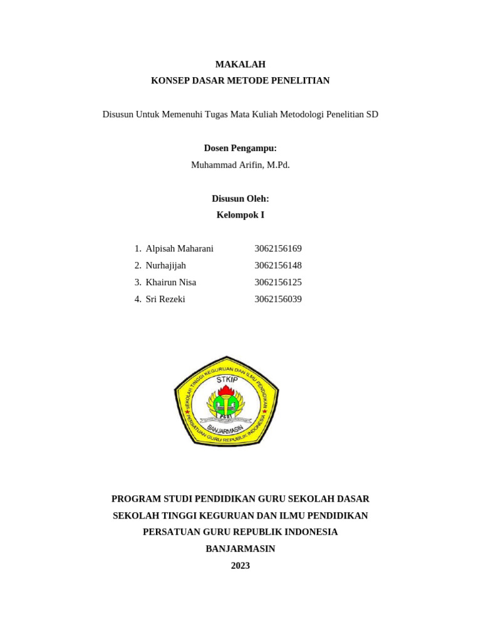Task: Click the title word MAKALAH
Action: pos(240,64)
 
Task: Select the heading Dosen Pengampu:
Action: pos(240,148)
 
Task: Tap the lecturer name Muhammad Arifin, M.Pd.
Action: pos(240,165)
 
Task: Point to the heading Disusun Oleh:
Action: pos(240,199)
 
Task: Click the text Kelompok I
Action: pos(240,215)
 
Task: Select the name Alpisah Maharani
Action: pos(179,249)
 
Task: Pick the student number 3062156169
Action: pos(277,249)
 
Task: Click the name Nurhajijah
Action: pos(165,266)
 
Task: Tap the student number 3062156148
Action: pos(277,266)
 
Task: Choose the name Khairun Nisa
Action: pos(170,283)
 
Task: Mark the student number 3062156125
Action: pos(277,283)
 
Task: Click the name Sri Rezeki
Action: pos(165,300)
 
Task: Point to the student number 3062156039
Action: pos(277,300)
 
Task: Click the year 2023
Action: pos(240,566)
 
